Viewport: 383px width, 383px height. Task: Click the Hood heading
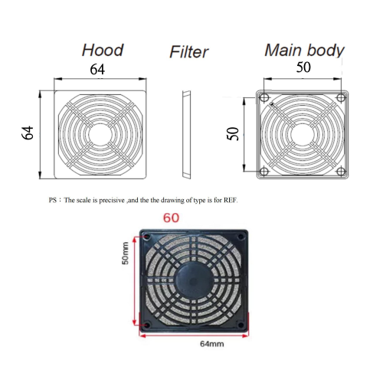pyautogui.click(x=103, y=51)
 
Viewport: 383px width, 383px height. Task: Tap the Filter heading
pyautogui.click(x=188, y=53)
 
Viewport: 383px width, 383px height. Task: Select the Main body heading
pyautogui.click(x=304, y=51)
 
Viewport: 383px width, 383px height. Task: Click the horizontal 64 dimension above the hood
pyautogui.click(x=98, y=70)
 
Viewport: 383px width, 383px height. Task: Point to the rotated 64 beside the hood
pyautogui.click(x=28, y=133)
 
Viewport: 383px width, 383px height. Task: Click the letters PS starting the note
pyautogui.click(x=52, y=201)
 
